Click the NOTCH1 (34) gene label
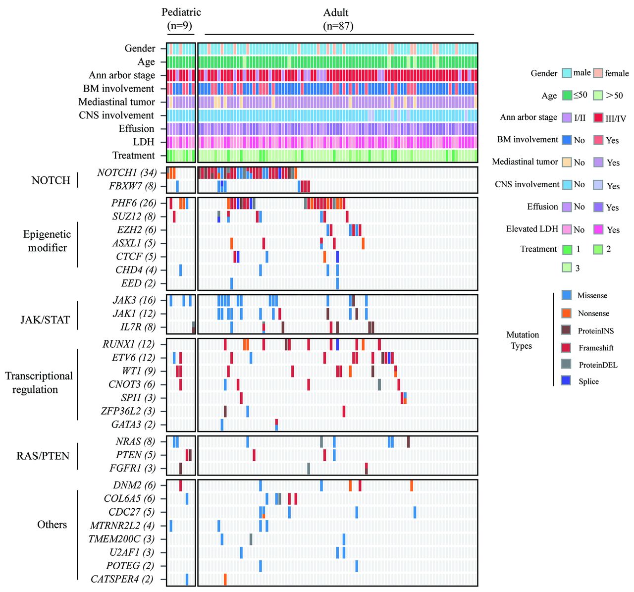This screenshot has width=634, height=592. [127, 173]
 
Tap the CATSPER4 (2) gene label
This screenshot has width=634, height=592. [122, 579]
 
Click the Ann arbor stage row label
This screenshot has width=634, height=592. [122, 75]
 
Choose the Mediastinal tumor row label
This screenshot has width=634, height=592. [116, 102]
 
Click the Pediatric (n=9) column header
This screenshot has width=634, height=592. [181, 19]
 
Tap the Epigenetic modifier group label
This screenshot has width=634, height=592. [47, 241]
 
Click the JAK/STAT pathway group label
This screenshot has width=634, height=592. [45, 320]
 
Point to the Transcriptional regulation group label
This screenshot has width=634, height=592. [39, 382]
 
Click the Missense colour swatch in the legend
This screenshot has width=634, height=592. [567, 295]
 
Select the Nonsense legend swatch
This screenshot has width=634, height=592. [567, 313]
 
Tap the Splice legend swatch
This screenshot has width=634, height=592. [567, 381]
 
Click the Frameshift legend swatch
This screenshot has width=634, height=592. [567, 347]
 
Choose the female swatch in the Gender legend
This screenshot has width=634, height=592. [598, 73]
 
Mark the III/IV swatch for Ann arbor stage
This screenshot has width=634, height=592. [598, 118]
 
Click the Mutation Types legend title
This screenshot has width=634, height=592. [522, 340]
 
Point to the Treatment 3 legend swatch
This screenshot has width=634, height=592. [567, 268]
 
